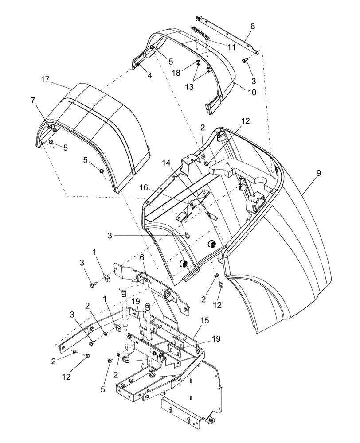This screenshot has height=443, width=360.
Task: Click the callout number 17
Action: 45,80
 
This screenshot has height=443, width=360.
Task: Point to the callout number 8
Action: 252,27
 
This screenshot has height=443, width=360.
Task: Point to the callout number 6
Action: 142,257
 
